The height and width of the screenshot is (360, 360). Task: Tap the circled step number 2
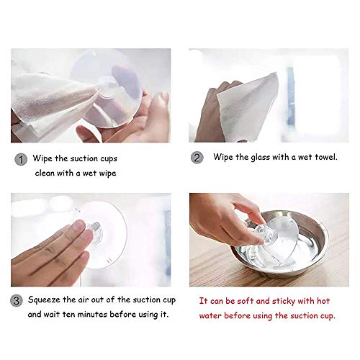pyautogui.click(x=196, y=157)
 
